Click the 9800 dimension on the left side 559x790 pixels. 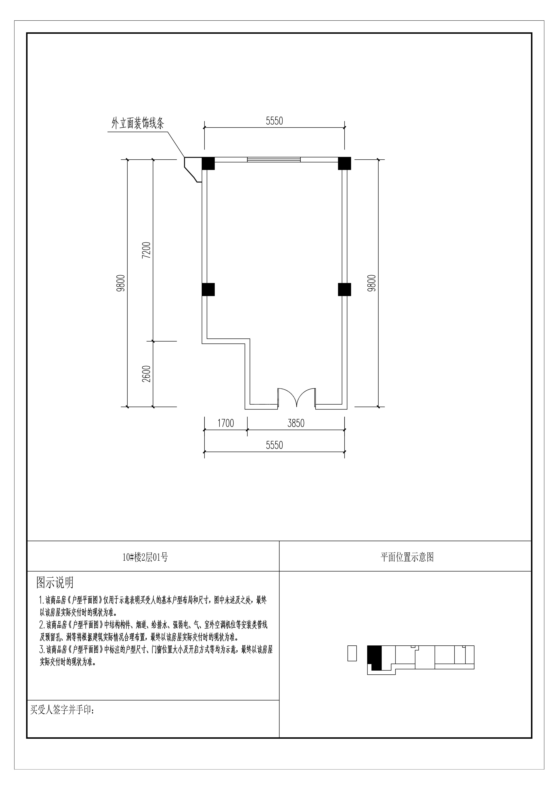pos(121,283)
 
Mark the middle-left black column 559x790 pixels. pos(208,289)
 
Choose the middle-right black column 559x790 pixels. pos(344,289)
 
